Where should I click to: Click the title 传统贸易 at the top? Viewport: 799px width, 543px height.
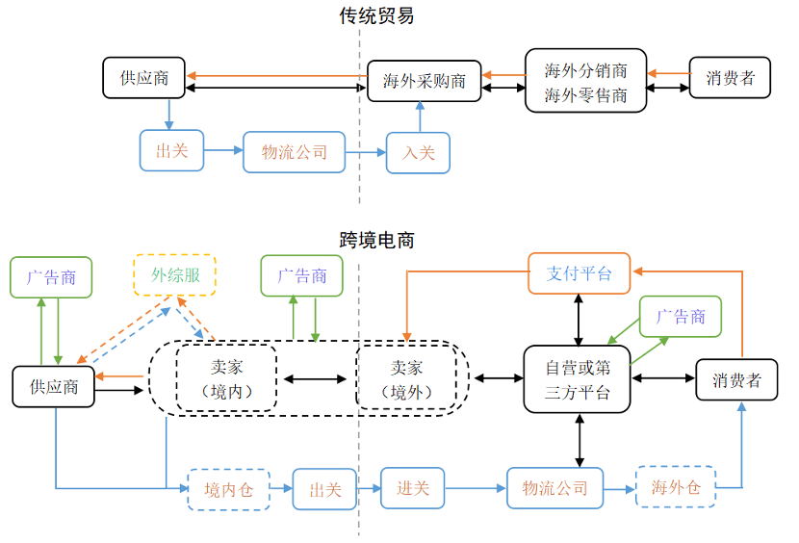377,16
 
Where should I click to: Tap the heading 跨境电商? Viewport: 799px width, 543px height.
377,241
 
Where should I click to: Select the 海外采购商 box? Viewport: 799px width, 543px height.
424,81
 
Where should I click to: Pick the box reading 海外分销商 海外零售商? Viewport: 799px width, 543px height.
585,81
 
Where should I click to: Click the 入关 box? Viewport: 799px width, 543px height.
418,152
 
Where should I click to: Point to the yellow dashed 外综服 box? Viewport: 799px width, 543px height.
175,275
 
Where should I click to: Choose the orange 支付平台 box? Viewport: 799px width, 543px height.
579,273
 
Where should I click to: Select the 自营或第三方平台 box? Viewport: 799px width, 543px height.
578,379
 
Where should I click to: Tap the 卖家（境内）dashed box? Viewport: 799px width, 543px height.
226,379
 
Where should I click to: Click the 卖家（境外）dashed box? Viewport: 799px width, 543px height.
405,379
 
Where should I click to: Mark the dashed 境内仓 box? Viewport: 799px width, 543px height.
228,489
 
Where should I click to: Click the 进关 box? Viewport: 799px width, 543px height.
413,488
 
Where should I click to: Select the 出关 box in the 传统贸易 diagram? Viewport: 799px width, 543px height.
171,151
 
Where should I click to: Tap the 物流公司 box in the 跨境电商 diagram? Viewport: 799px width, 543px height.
554,488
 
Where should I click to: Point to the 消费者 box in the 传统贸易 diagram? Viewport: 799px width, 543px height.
729,78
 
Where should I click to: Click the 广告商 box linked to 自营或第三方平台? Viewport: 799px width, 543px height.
681,317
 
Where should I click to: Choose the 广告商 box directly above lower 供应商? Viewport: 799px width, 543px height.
50,277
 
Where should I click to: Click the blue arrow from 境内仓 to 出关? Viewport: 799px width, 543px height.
281,489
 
